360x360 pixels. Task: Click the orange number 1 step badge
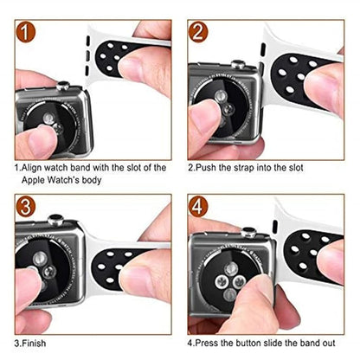(x=25, y=32)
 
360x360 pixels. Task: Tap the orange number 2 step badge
(x=198, y=32)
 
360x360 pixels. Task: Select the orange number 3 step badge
(x=25, y=207)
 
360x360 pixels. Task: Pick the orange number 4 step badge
(x=198, y=207)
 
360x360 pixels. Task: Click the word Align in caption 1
(x=32, y=168)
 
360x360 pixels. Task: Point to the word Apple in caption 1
(x=33, y=180)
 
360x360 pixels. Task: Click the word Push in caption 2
(x=205, y=168)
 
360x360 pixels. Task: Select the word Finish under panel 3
(x=34, y=344)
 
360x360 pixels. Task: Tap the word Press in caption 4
(x=207, y=344)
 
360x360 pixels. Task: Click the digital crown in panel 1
(x=63, y=86)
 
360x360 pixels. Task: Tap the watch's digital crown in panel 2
(x=238, y=65)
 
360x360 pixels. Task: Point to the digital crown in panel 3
(x=55, y=220)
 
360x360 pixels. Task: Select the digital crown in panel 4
(x=248, y=232)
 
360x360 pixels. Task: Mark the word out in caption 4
(x=328, y=344)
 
